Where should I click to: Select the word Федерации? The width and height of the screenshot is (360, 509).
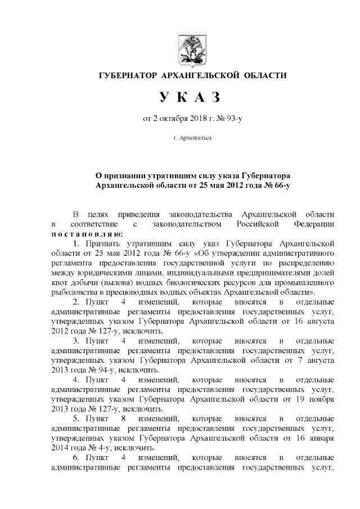315,224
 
